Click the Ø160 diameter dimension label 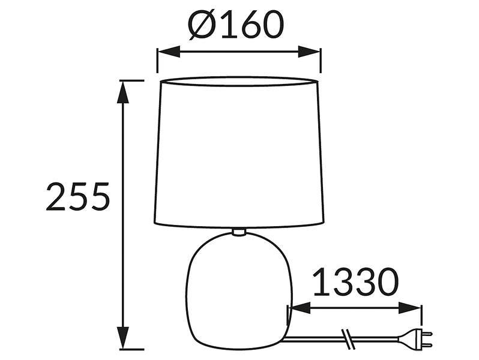coord(236,25)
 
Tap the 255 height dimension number coord(77,197)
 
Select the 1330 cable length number coord(356,281)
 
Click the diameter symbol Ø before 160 coord(201,25)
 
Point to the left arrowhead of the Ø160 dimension coord(168,52)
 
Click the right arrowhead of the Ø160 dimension coord(309,52)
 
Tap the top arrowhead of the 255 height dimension coord(123,92)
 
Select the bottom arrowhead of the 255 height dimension coord(123,338)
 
